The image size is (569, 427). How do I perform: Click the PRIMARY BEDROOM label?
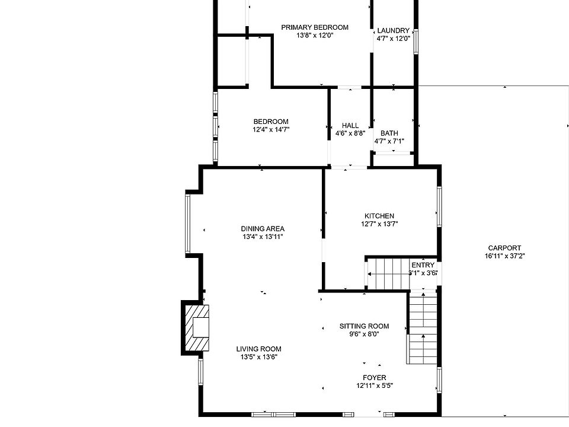315,27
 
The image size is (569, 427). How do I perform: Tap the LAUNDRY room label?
394,30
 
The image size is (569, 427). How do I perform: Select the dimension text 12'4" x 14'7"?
271,129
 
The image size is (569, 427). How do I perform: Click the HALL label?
350,126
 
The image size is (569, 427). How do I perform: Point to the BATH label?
389,133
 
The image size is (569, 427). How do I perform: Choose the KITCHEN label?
379,216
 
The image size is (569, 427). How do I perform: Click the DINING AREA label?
263,229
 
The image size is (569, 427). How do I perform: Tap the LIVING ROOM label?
259,349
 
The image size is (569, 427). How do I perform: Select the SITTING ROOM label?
365,326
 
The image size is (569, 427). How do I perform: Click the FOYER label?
375,378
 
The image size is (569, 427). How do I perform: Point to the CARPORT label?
504,248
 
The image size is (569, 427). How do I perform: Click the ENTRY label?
423,265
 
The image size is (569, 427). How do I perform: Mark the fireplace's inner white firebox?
201,328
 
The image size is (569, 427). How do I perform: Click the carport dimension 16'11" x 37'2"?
505,256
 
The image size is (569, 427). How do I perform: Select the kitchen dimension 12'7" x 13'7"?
379,224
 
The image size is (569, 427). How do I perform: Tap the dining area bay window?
188,224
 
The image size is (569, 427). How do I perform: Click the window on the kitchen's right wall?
439,206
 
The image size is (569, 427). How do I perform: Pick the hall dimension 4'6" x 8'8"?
350,133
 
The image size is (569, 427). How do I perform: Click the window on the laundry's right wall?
416,42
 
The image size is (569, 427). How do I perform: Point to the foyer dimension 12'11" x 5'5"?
375,385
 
